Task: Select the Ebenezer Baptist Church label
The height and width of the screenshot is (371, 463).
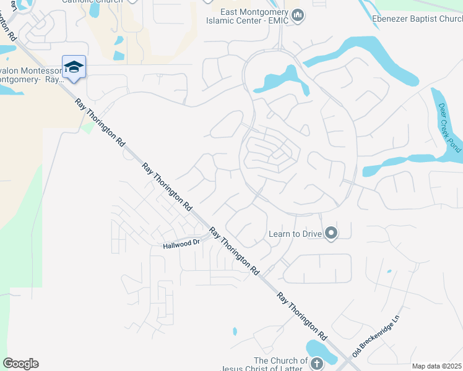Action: click(x=417, y=18)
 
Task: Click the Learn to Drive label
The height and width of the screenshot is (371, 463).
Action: click(x=296, y=234)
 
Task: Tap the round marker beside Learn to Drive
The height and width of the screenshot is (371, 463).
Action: click(x=331, y=233)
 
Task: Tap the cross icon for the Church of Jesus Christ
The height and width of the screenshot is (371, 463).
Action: click(x=317, y=363)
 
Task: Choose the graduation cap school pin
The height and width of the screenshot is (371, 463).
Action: click(x=74, y=67)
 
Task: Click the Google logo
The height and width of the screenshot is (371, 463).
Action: click(x=20, y=364)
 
